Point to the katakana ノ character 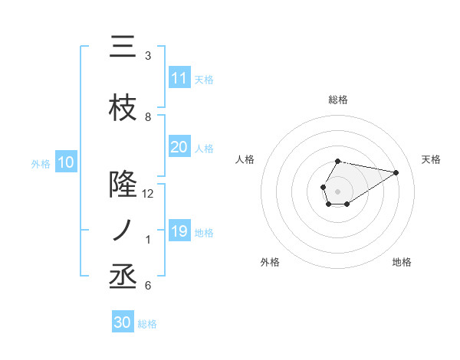click(x=123, y=231)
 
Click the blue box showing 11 click(x=179, y=78)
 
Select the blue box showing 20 click(x=179, y=147)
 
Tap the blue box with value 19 click(x=179, y=231)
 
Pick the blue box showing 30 click(x=123, y=323)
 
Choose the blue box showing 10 click(x=65, y=162)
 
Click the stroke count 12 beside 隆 click(x=148, y=194)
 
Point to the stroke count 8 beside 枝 click(x=148, y=117)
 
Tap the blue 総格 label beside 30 click(x=147, y=324)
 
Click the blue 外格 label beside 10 click(x=41, y=163)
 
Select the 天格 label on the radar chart click(x=431, y=159)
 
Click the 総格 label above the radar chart click(x=337, y=100)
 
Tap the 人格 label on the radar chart click(x=245, y=159)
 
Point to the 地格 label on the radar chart click(x=402, y=262)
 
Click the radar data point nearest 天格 click(x=396, y=172)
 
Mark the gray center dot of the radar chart click(x=337, y=190)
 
